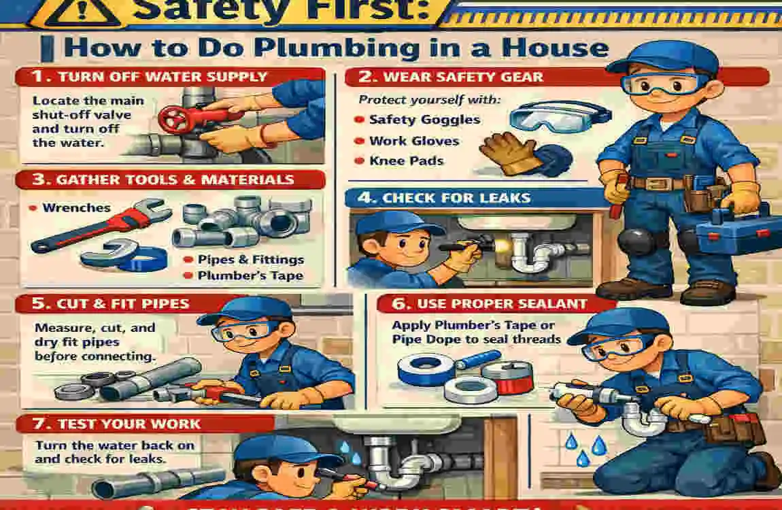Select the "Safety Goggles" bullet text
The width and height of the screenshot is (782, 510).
[x=424, y=120]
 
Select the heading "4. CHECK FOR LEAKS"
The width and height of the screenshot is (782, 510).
[x=456, y=199]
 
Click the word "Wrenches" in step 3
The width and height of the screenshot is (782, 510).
[x=76, y=207]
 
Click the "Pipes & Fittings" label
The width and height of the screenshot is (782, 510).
[x=251, y=260]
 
